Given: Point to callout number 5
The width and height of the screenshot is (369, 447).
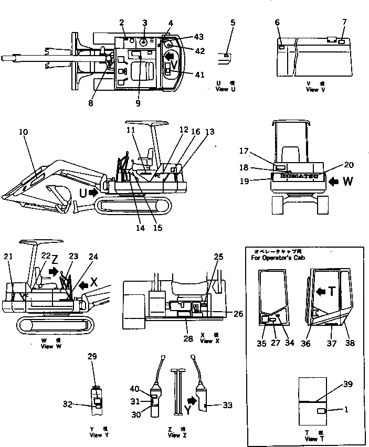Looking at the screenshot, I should click(233, 23).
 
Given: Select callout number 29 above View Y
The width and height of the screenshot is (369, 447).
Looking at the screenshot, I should click(92, 357).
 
